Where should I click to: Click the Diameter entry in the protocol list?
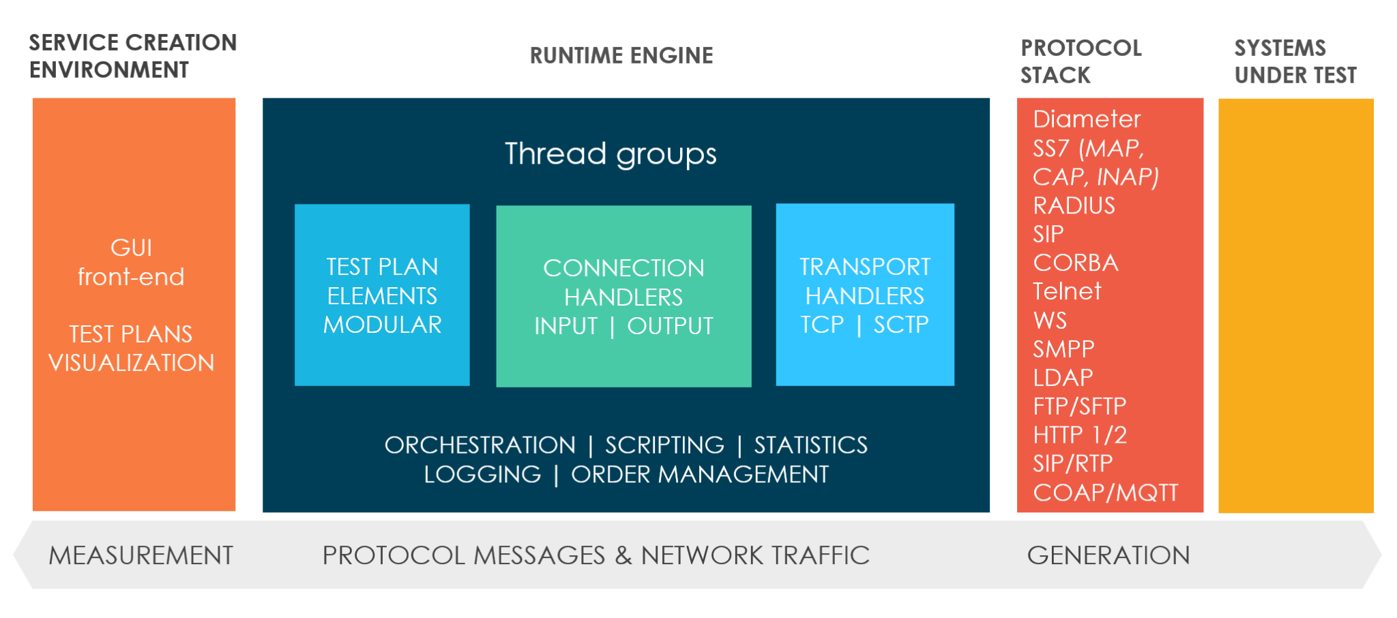[1086, 119]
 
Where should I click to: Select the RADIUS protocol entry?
[1074, 205]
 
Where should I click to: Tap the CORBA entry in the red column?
[1076, 263]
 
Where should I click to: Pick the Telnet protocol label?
[1067, 291]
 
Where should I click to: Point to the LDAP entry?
[1063, 377]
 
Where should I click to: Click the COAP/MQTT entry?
[1105, 492]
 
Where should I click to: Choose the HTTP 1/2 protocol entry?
[1079, 435]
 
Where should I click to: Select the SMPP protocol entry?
[1063, 349]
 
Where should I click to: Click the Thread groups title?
[611, 154]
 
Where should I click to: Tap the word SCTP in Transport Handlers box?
[901, 325]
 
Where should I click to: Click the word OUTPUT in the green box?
[670, 326]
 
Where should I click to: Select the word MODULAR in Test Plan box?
[382, 325]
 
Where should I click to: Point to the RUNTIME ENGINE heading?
[621, 55]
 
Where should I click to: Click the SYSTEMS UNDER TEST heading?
[1295, 61]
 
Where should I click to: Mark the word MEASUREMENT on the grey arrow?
[141, 555]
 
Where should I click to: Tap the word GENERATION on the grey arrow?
[1108, 555]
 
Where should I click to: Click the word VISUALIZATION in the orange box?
[131, 363]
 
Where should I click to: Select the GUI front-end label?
[131, 262]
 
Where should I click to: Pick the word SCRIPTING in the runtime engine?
[664, 445]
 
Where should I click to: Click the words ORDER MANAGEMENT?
[699, 474]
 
